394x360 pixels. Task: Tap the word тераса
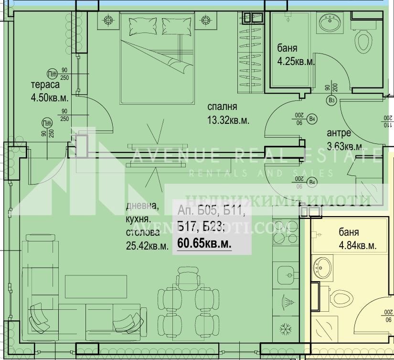point(45,86)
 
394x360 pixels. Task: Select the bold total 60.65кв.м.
point(204,243)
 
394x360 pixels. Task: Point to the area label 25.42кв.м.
point(147,246)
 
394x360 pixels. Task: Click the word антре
point(339,132)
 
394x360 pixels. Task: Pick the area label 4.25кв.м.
point(296,61)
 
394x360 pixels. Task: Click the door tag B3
point(331,100)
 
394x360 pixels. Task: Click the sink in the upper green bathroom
point(330,23)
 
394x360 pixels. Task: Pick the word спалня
point(222,107)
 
